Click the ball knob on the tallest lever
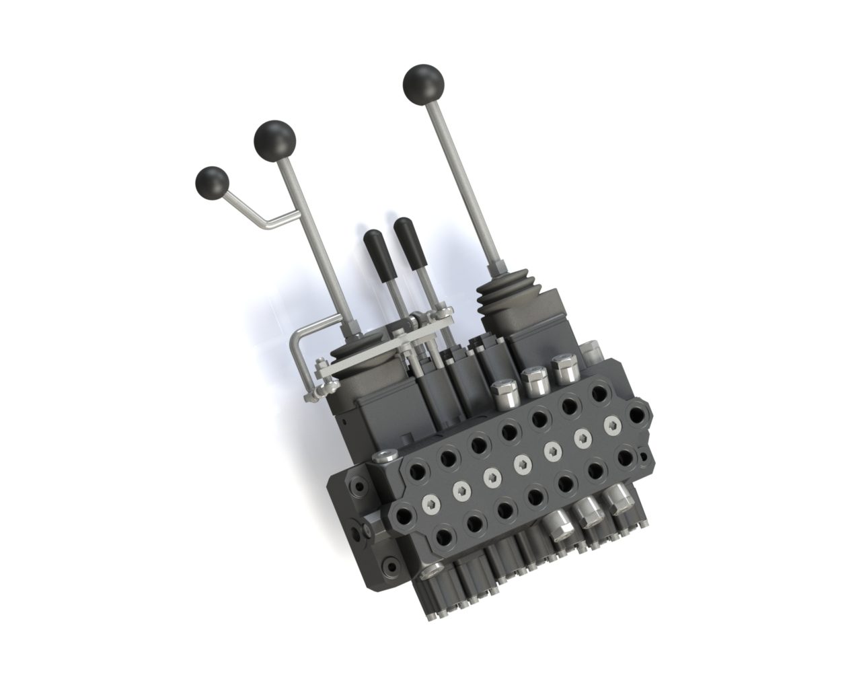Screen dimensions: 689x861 424,84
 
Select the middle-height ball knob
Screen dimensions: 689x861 274,139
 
